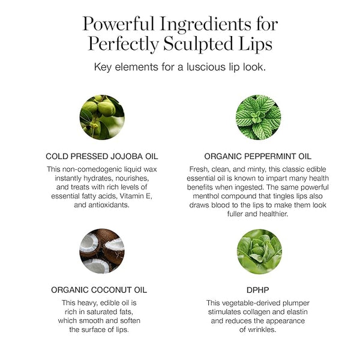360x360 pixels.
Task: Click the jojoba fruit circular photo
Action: tap(102, 117)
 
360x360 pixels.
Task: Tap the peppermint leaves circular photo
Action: tap(258, 117)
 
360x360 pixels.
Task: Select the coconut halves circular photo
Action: tap(102, 251)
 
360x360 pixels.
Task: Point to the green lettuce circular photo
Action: tap(259, 251)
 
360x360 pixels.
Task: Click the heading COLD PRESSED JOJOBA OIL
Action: tap(102, 157)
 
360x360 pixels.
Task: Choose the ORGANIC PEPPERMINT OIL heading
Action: tap(258, 157)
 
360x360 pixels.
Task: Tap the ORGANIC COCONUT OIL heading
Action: tap(99, 290)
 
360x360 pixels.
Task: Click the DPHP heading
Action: tap(257, 290)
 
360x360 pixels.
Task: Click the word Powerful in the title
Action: tap(118, 23)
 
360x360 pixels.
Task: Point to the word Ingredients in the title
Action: tap(206, 25)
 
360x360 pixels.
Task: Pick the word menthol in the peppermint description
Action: tap(206, 196)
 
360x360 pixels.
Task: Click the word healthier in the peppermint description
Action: tap(274, 214)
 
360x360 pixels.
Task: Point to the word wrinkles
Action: tap(262, 329)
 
